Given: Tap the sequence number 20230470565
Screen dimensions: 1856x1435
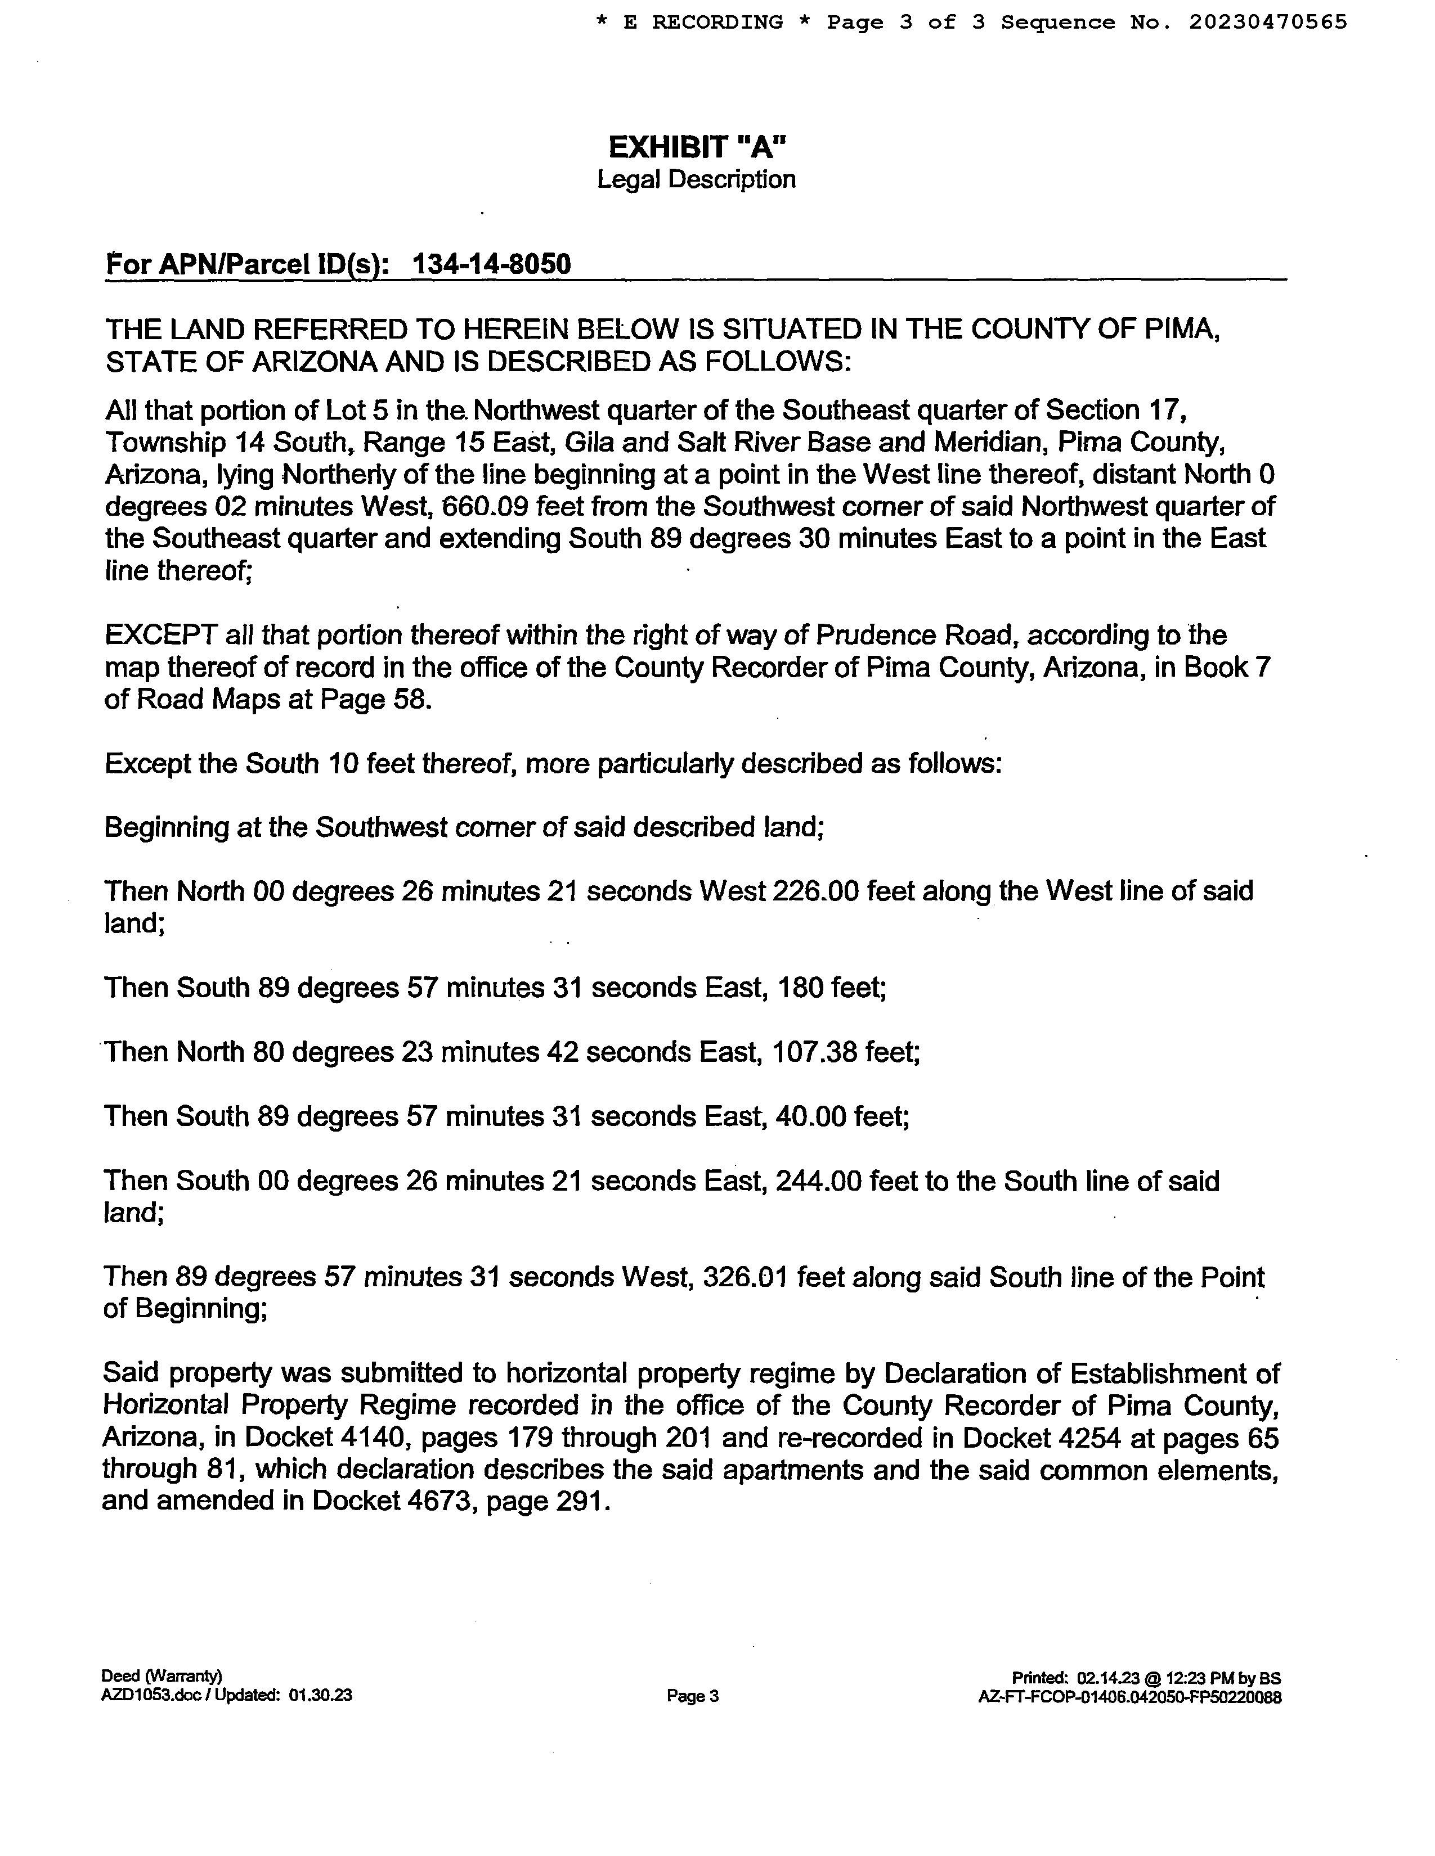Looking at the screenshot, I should pos(1267,22).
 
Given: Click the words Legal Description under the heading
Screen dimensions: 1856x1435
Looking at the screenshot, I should pos(696,179).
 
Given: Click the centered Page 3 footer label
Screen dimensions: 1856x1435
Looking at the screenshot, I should pos(693,1696).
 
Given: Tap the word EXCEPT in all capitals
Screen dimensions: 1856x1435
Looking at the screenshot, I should pos(161,635).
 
